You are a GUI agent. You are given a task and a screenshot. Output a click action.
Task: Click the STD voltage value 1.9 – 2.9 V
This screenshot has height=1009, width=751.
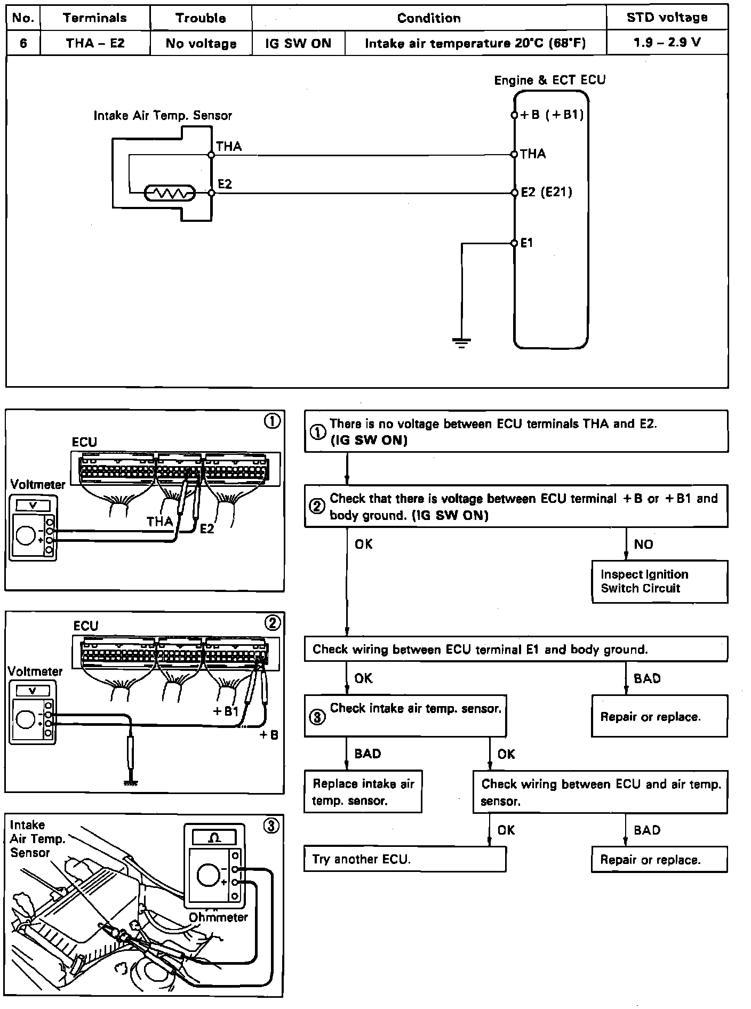tap(667, 43)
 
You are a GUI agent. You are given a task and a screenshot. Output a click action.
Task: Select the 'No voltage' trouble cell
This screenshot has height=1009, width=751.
tap(201, 43)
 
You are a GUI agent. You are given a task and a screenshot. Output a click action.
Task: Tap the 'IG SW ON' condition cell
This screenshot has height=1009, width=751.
tap(298, 43)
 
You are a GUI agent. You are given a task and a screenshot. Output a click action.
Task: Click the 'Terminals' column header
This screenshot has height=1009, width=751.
tap(95, 18)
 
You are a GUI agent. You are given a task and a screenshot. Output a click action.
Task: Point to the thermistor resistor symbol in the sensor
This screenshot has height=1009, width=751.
tap(170, 193)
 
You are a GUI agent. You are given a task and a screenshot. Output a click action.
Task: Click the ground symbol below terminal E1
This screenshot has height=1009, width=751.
tap(461, 342)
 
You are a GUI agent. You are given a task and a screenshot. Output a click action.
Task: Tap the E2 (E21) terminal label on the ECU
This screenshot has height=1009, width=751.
tap(546, 192)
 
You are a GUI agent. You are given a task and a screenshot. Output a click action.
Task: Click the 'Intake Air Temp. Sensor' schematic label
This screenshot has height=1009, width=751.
tap(163, 115)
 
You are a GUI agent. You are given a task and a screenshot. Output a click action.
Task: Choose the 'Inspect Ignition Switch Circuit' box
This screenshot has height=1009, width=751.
tap(659, 581)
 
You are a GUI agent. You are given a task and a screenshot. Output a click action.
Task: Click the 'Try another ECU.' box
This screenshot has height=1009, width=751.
tap(404, 859)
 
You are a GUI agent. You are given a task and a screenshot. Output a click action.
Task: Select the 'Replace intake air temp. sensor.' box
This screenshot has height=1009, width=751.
tap(363, 792)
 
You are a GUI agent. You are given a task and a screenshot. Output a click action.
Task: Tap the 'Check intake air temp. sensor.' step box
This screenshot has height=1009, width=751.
tap(405, 716)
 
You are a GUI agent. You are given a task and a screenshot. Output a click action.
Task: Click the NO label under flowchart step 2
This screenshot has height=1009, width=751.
tap(643, 544)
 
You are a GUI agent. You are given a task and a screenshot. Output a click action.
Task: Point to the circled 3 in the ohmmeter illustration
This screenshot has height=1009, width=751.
tap(271, 826)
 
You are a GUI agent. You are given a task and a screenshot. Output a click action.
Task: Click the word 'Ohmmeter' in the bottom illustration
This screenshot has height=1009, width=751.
tap(219, 917)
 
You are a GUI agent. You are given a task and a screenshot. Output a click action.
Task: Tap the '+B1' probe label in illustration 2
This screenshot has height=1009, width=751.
tap(225, 711)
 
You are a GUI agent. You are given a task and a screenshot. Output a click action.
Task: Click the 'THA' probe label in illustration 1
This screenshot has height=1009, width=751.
tap(160, 521)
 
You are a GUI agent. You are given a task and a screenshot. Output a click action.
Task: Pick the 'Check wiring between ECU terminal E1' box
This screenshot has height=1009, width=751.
tap(515, 649)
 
